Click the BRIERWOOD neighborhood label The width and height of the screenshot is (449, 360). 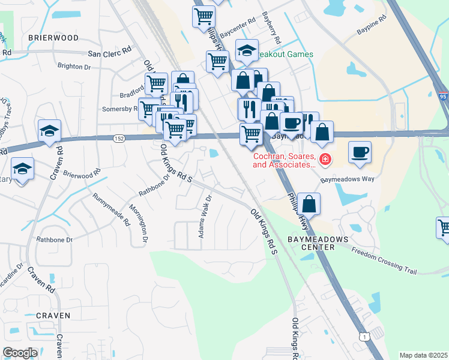(x=53, y=37)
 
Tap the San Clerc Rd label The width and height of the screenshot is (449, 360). (x=109, y=53)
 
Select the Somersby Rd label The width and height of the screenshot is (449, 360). (x=120, y=109)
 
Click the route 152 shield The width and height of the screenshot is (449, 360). (x=118, y=139)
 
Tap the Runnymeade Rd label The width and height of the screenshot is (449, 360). (x=111, y=209)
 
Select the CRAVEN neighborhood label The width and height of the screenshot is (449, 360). (x=53, y=315)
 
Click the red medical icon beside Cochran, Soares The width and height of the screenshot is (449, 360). (x=325, y=160)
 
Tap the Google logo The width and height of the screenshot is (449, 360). (x=20, y=353)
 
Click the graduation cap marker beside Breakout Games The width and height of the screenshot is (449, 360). (x=246, y=52)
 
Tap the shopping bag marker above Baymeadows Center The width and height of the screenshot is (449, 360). (x=309, y=204)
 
